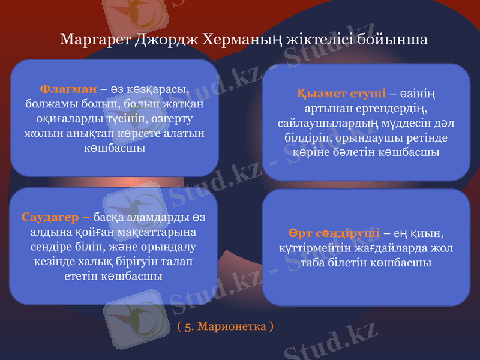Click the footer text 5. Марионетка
226,327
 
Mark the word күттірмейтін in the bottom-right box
314,247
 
